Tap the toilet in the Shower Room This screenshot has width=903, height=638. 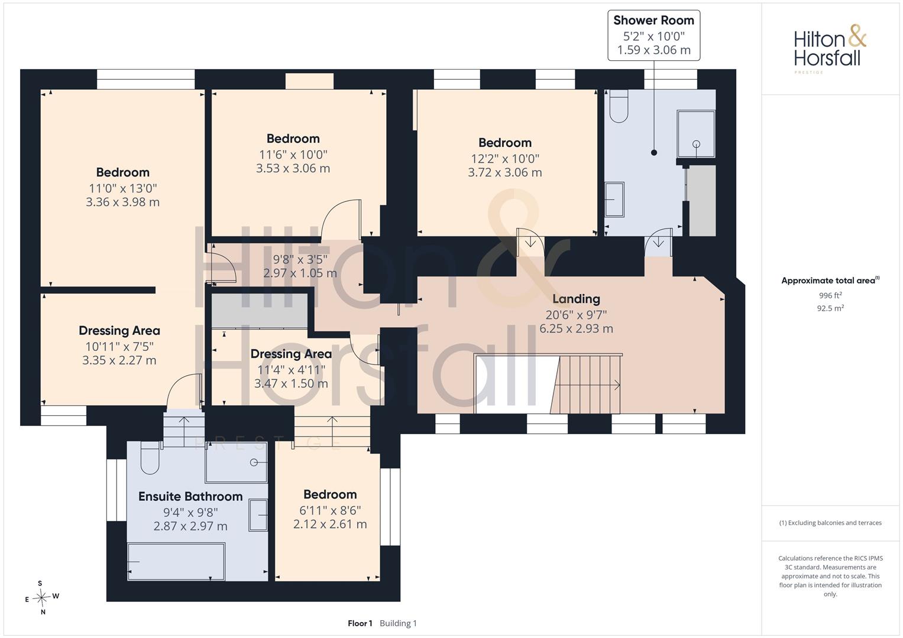click(x=619, y=106)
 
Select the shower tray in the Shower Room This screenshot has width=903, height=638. click(x=696, y=134)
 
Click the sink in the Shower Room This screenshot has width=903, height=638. click(x=614, y=200)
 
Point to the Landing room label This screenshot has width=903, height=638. click(x=576, y=299)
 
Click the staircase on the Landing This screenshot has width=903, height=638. click(x=587, y=384)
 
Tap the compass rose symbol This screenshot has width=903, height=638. click(x=42, y=597)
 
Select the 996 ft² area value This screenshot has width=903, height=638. click(x=830, y=295)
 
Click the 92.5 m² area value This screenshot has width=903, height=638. click(x=830, y=308)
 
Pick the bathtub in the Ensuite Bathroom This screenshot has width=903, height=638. click(x=176, y=561)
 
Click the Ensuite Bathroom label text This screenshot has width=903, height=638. click(x=190, y=496)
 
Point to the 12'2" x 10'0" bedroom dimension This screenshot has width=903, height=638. click(x=504, y=159)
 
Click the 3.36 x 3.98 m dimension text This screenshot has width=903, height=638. click(x=122, y=202)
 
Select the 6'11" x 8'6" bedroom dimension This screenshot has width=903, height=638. click(x=330, y=510)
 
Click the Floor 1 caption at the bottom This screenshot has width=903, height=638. click(x=360, y=623)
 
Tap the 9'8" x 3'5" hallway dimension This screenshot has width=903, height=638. click(x=300, y=259)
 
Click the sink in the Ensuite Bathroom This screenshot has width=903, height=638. click(x=258, y=515)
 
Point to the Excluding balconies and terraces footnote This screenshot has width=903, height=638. click(x=830, y=523)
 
